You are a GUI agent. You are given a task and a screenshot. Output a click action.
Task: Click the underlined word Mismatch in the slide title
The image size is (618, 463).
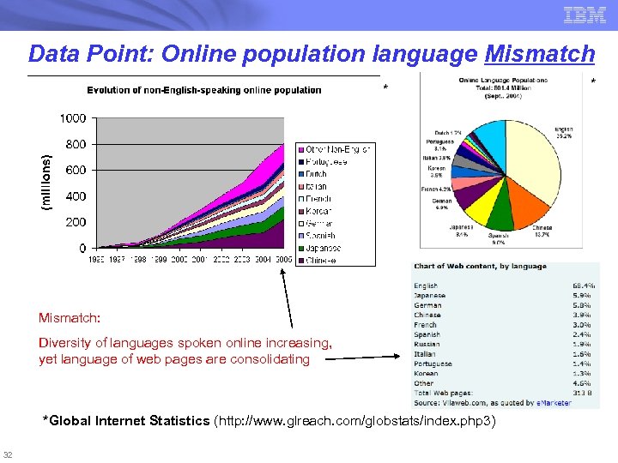539,54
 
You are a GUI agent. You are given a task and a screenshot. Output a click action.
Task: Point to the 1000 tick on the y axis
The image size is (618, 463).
72,117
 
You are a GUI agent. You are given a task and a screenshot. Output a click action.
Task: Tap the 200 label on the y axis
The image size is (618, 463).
76,222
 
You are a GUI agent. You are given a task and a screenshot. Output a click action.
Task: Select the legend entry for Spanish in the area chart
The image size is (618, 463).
321,235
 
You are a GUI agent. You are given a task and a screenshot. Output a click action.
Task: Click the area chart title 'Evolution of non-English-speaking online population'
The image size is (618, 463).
203,90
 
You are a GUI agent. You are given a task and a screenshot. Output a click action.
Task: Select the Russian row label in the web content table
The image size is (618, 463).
426,344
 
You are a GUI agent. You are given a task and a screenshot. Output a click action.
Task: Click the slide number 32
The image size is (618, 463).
8,454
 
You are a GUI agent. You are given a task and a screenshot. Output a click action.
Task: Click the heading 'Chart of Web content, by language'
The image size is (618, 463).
480,267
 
